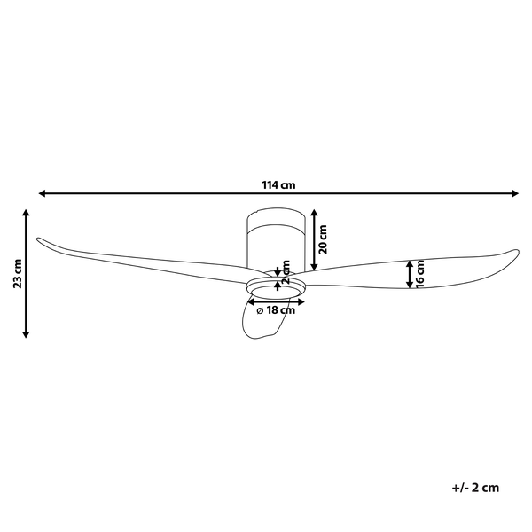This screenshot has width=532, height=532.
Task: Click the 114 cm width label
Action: tap(278, 185)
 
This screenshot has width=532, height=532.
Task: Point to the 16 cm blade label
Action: tap(421, 273)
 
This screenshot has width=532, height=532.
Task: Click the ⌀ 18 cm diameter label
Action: tap(275, 310)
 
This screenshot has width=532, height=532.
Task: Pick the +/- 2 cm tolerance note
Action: tap(475, 487)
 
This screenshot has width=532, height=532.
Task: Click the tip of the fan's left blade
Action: tap(37, 239)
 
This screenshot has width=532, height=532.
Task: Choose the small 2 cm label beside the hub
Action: tap(286, 270)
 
